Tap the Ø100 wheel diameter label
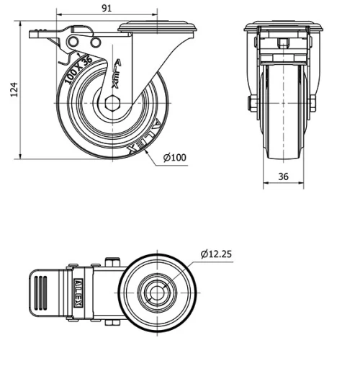[x=175, y=158]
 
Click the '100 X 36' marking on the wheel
[x=78, y=71]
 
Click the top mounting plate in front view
[x=282, y=28]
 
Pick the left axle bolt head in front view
[x=251, y=104]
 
